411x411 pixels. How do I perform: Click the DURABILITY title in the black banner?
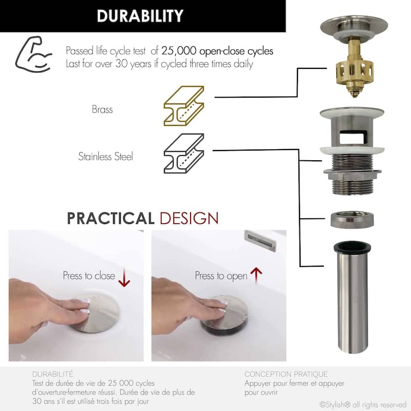coord(140,16)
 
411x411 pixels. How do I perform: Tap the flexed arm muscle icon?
coord(33,54)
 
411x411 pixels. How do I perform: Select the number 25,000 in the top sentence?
coord(178,50)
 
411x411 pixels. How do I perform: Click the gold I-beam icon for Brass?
coord(184,106)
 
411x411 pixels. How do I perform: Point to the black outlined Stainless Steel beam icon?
coord(184,153)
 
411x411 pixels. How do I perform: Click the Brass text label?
coord(102,109)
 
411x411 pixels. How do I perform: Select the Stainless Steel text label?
coord(106,157)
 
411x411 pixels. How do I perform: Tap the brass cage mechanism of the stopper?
coord(354,71)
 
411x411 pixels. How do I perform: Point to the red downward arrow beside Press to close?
coord(124,277)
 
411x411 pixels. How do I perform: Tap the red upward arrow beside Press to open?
coord(256,276)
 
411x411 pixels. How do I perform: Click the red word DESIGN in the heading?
coord(189,218)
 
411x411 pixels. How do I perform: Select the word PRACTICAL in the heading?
coord(110,218)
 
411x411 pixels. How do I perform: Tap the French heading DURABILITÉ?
coord(53,374)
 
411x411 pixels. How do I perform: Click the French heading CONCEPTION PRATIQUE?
coord(286,374)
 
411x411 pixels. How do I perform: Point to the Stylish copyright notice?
coord(363,405)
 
